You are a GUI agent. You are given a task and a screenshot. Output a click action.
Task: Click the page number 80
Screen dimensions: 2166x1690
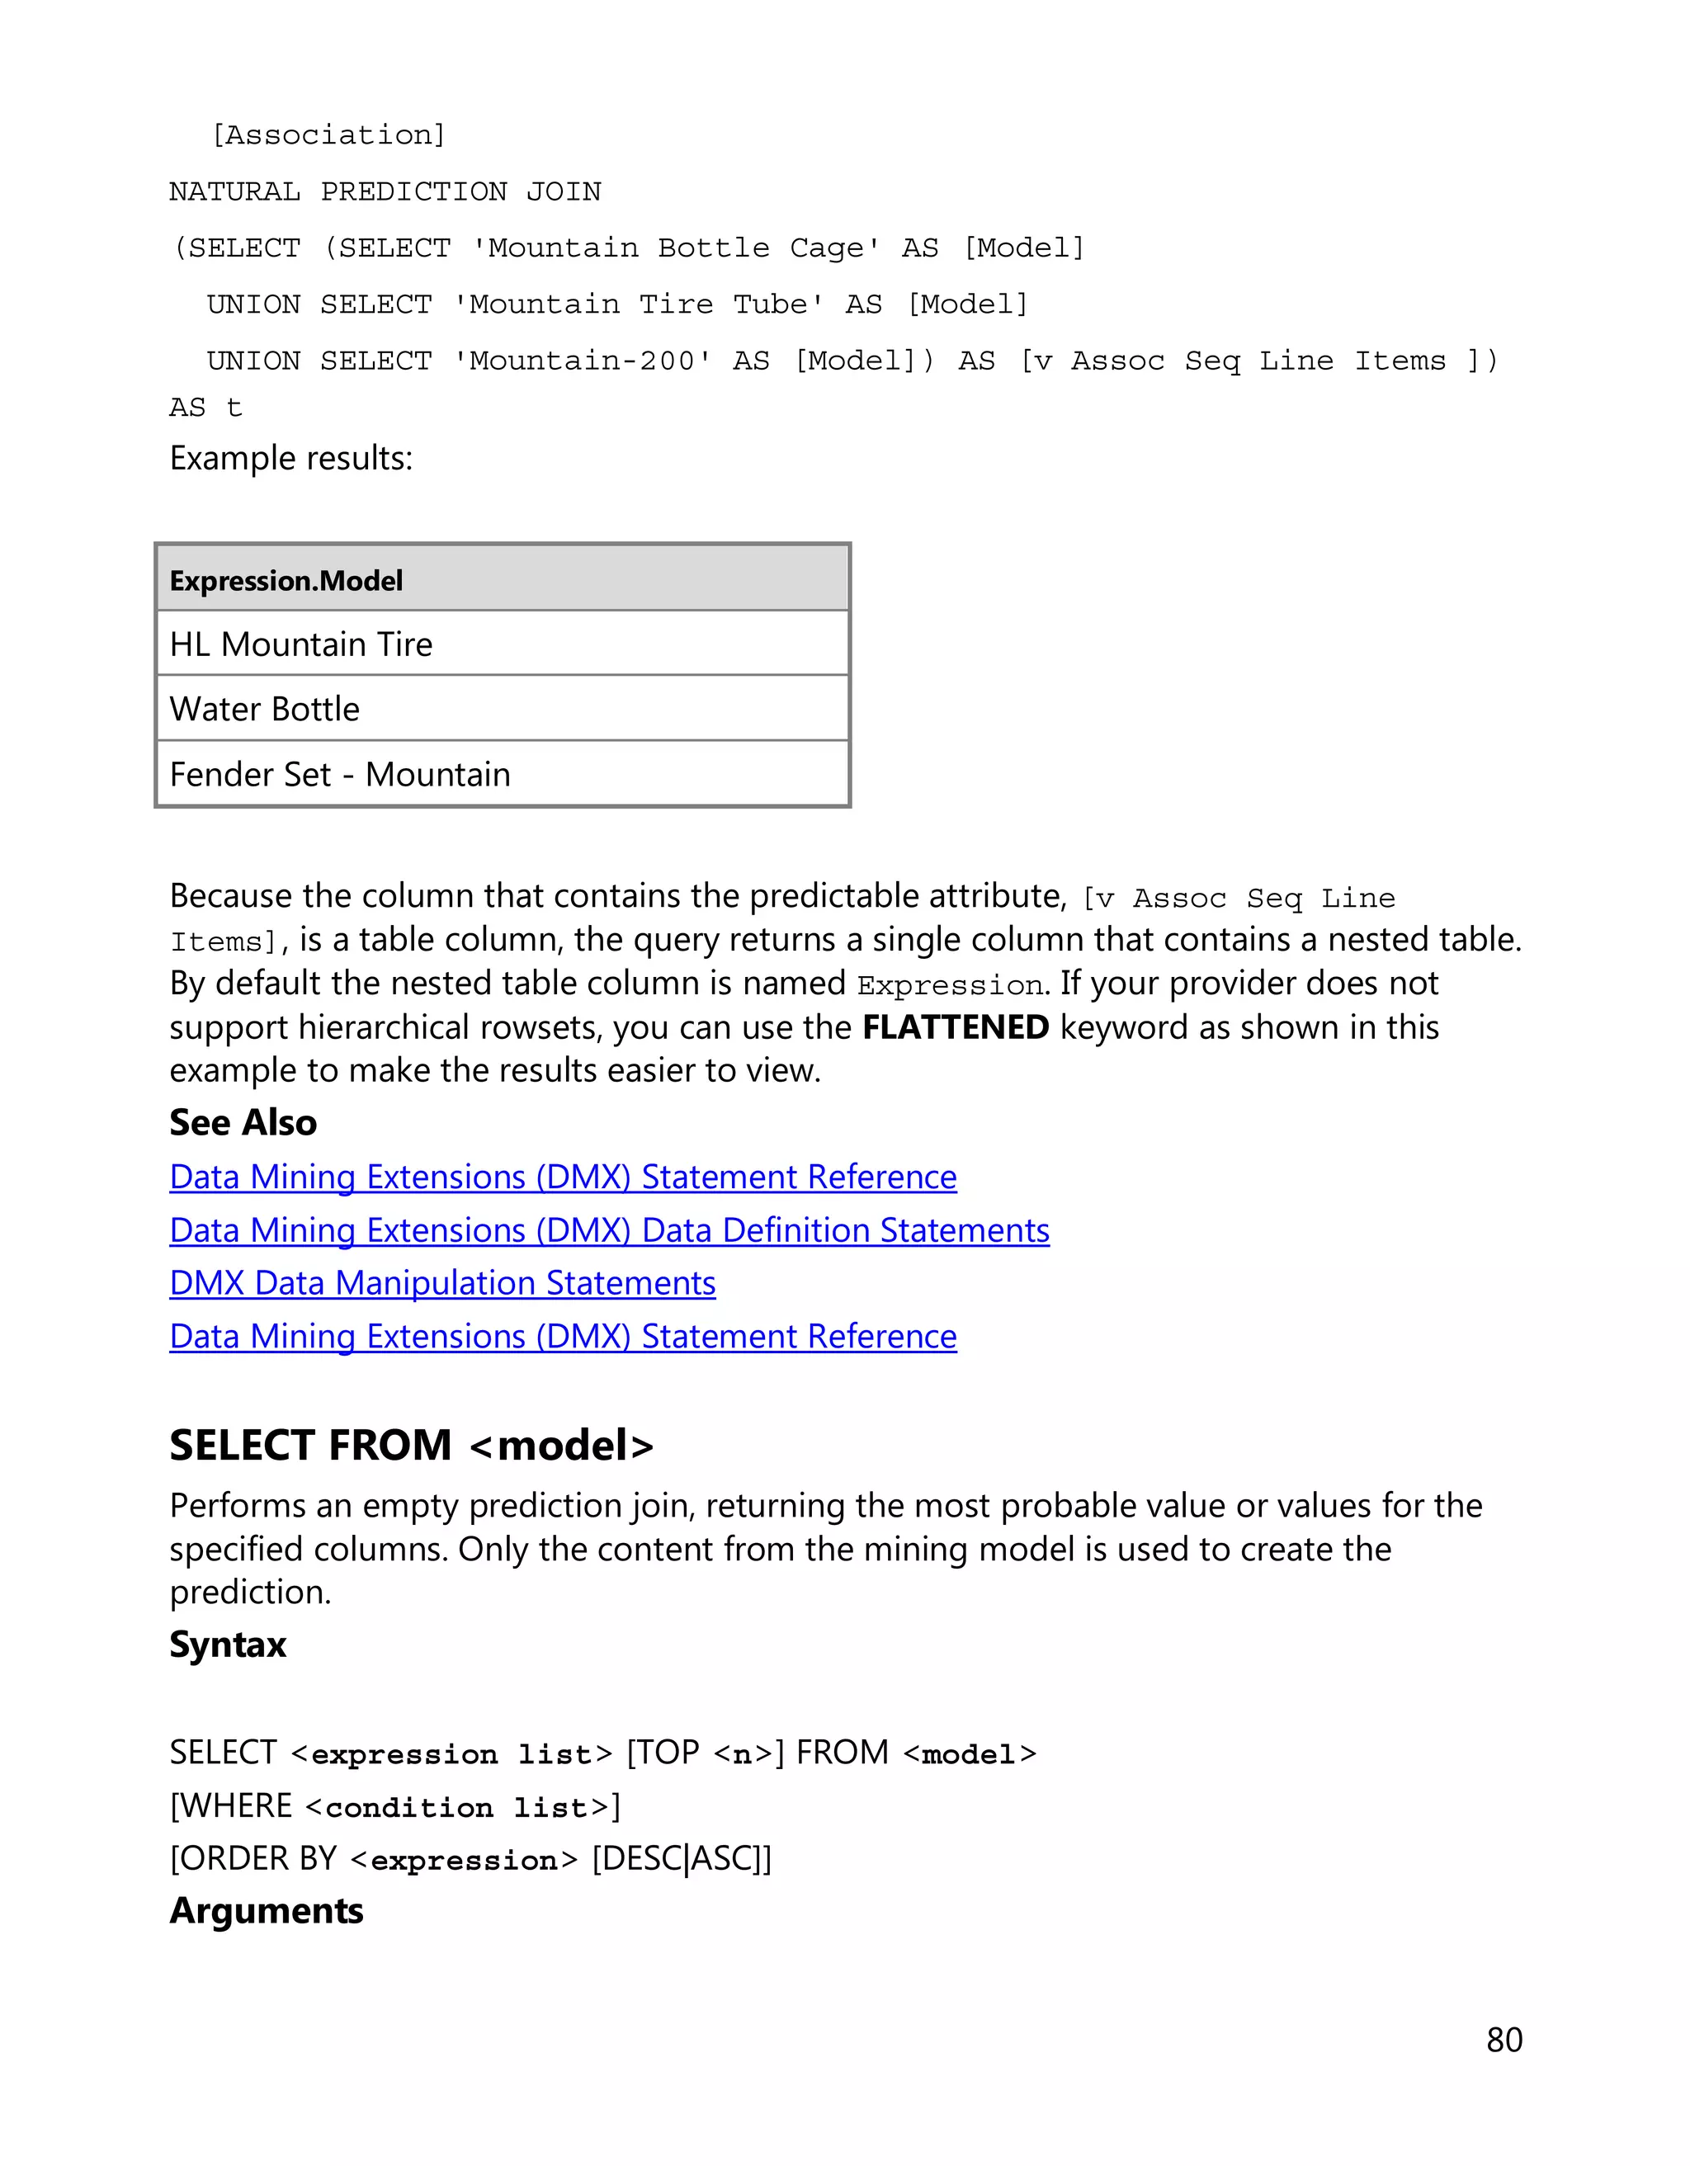click(x=1504, y=2039)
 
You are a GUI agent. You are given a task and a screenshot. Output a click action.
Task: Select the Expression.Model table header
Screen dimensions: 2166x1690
click(x=286, y=580)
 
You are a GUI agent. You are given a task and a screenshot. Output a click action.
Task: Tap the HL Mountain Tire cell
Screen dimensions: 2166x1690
click(x=301, y=644)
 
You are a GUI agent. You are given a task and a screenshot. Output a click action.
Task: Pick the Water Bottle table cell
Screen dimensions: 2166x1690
click(x=265, y=709)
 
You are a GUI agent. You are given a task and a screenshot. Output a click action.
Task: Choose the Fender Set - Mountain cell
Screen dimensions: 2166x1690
click(x=340, y=775)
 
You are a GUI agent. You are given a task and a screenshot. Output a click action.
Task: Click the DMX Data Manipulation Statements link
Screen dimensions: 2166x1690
click(x=442, y=1283)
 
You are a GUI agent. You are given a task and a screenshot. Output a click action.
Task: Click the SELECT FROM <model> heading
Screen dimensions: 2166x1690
click(x=412, y=1445)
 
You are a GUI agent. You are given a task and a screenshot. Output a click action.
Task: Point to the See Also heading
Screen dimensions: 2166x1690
click(x=243, y=1123)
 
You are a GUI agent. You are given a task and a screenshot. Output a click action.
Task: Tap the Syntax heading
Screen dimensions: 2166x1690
click(x=228, y=1645)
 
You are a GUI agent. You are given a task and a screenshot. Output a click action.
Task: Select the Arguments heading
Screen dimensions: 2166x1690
click(x=267, y=1910)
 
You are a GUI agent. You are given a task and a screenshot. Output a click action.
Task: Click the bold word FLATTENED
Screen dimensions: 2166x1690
click(x=955, y=1027)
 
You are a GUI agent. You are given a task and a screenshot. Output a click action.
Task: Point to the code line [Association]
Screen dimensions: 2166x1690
click(x=329, y=134)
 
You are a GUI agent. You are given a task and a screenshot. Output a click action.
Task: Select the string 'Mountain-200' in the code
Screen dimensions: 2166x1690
click(x=583, y=361)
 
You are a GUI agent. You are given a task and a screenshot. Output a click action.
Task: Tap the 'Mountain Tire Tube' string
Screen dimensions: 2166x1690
click(x=638, y=304)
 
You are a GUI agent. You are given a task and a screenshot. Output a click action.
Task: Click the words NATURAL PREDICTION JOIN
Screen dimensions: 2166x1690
click(x=385, y=191)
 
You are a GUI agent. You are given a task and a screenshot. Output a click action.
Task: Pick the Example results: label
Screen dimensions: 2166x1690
click(x=290, y=458)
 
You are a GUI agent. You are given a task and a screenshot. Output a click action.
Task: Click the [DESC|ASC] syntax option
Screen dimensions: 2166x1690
click(x=682, y=1857)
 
